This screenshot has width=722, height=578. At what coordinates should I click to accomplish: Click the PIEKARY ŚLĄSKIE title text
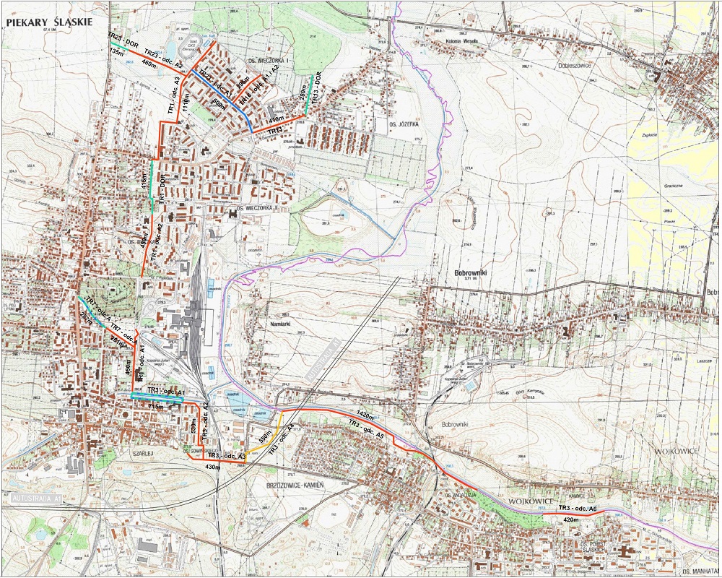[48, 22]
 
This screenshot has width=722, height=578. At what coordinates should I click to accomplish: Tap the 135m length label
[114, 53]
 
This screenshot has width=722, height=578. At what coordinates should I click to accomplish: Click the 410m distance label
[277, 118]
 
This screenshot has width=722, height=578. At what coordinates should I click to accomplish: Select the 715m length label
[157, 407]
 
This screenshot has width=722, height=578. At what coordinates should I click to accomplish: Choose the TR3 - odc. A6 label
[577, 510]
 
